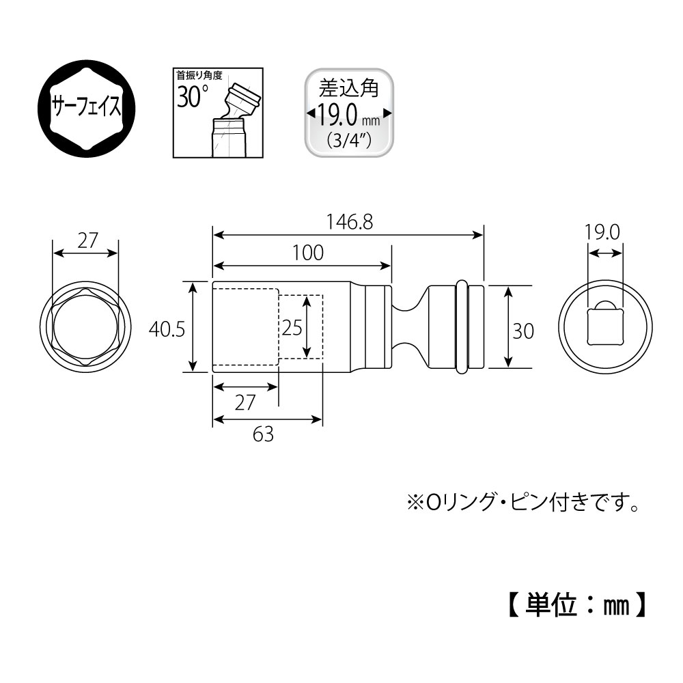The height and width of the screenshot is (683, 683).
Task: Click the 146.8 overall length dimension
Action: click(348, 223)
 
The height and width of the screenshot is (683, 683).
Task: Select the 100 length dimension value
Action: click(308, 253)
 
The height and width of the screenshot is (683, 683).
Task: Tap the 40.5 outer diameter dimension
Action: click(167, 329)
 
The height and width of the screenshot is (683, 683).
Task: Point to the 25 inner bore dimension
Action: click(292, 328)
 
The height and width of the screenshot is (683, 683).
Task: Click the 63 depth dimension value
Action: click(263, 433)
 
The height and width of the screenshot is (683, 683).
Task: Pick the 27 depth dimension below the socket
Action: click(245, 402)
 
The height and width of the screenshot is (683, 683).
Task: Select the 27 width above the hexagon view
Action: click(86, 240)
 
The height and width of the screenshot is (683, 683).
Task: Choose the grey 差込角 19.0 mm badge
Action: click(349, 113)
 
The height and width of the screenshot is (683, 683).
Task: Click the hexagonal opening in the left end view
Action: click(86, 329)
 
